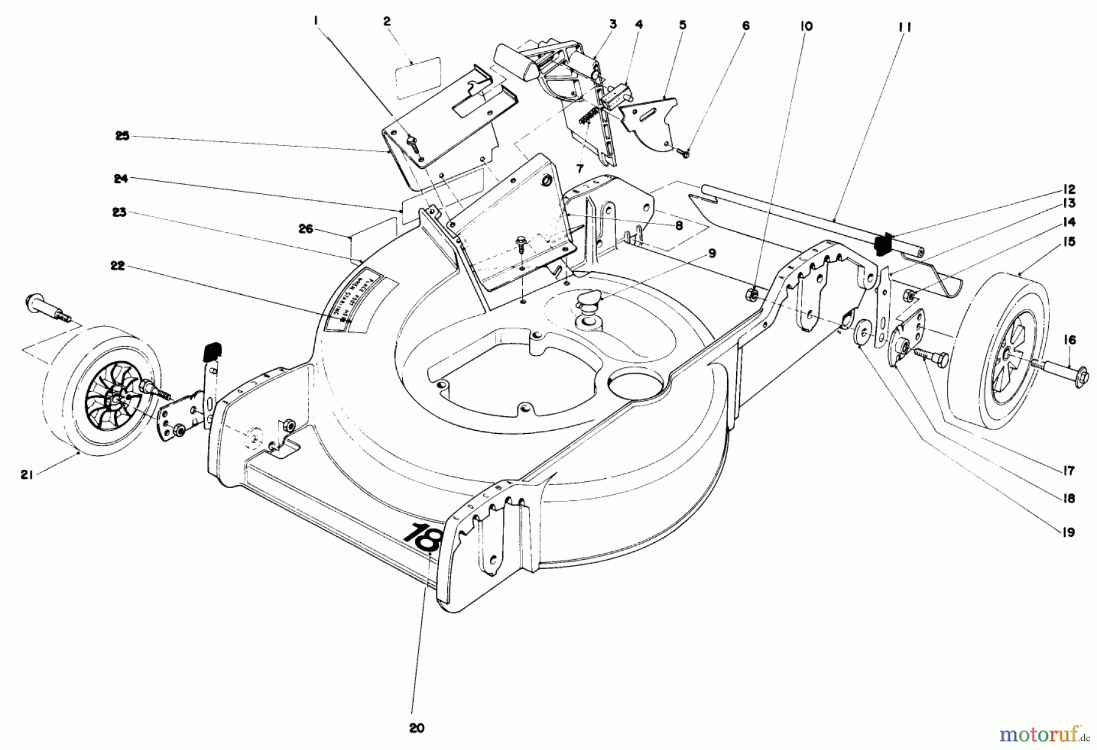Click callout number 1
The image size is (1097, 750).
(316, 21)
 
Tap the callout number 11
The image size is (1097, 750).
(904, 27)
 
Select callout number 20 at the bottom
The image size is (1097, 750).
(417, 728)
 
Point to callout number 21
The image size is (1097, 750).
(26, 475)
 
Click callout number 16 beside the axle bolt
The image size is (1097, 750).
(1070, 339)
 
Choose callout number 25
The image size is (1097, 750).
(122, 136)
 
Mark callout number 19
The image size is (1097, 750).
(1068, 532)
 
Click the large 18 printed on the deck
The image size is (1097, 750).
(421, 536)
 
